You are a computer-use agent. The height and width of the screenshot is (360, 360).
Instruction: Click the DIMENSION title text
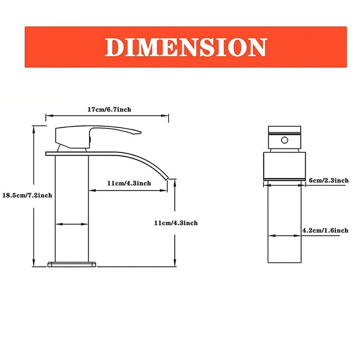[186, 47]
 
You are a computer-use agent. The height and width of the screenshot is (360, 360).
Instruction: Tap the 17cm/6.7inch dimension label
[109, 109]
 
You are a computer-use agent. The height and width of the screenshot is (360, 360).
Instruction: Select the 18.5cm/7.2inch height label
[27, 195]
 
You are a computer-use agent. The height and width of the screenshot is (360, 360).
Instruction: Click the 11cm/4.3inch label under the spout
[129, 183]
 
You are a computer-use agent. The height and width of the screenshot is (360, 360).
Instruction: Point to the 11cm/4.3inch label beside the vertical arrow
[176, 223]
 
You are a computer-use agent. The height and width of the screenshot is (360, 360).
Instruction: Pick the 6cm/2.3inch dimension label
[328, 180]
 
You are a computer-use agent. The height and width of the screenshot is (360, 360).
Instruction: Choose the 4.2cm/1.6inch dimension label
[325, 230]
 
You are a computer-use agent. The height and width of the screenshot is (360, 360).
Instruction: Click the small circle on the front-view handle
[285, 140]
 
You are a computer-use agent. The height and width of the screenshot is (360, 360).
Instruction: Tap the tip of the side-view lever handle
[141, 132]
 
